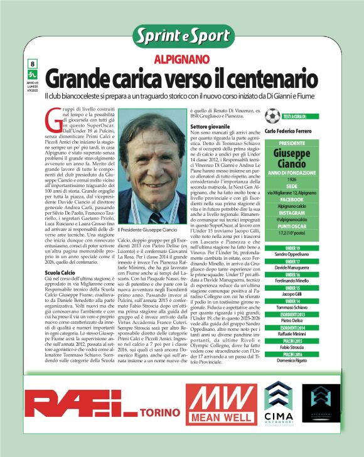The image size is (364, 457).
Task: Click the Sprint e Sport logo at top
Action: pos(182,36)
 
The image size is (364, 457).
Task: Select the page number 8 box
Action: pos(32,64)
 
